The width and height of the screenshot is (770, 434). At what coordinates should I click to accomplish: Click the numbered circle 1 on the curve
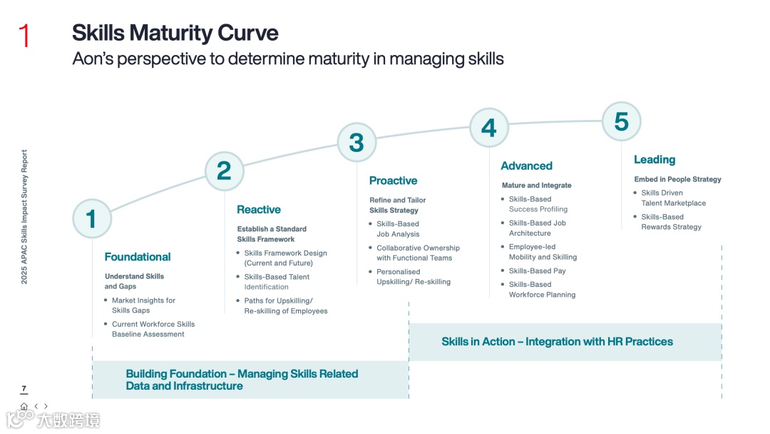click(92, 218)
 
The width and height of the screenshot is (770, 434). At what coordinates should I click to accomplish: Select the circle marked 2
click(224, 171)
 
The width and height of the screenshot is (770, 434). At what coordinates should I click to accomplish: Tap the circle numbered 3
click(356, 142)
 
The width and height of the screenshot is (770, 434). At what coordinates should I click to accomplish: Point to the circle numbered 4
click(488, 128)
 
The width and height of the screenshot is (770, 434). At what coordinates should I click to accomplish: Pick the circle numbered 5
click(621, 121)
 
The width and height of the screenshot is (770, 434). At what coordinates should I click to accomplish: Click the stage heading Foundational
click(138, 257)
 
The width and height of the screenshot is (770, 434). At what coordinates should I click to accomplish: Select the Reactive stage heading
click(259, 210)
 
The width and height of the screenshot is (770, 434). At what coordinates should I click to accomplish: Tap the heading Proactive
click(393, 181)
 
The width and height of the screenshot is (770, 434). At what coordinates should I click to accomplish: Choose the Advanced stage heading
click(526, 166)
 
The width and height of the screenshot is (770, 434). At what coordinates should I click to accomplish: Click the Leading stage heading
click(654, 160)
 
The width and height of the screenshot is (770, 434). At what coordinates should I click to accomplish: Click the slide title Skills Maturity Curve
click(175, 33)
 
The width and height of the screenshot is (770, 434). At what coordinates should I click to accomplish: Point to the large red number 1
click(24, 36)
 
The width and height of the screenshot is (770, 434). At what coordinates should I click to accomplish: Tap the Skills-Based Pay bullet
click(537, 271)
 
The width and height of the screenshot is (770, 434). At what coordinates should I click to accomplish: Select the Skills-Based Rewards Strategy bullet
click(671, 222)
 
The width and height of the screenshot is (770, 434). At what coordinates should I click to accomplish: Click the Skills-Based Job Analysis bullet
click(398, 229)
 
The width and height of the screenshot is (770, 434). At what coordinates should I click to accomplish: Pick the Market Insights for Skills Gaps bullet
click(143, 306)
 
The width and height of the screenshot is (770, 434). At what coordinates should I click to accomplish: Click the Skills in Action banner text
click(557, 342)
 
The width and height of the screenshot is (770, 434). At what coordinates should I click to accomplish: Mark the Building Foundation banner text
click(242, 380)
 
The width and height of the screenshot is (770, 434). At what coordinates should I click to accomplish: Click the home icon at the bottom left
click(24, 406)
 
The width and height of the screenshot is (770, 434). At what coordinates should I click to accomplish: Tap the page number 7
click(24, 389)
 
